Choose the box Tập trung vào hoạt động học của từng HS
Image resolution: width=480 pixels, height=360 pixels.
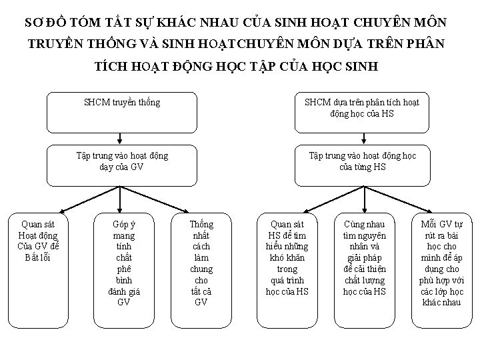pyautogui.click(x=362, y=165)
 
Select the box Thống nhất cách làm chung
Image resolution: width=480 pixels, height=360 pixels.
pyautogui.click(x=201, y=263)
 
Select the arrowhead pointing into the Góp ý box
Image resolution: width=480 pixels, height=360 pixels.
pyautogui.click(x=119, y=210)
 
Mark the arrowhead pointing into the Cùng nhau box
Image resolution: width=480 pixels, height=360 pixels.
pyautogui.click(x=362, y=210)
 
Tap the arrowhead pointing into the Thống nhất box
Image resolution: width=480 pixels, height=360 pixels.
pyautogui.click(x=199, y=209)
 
